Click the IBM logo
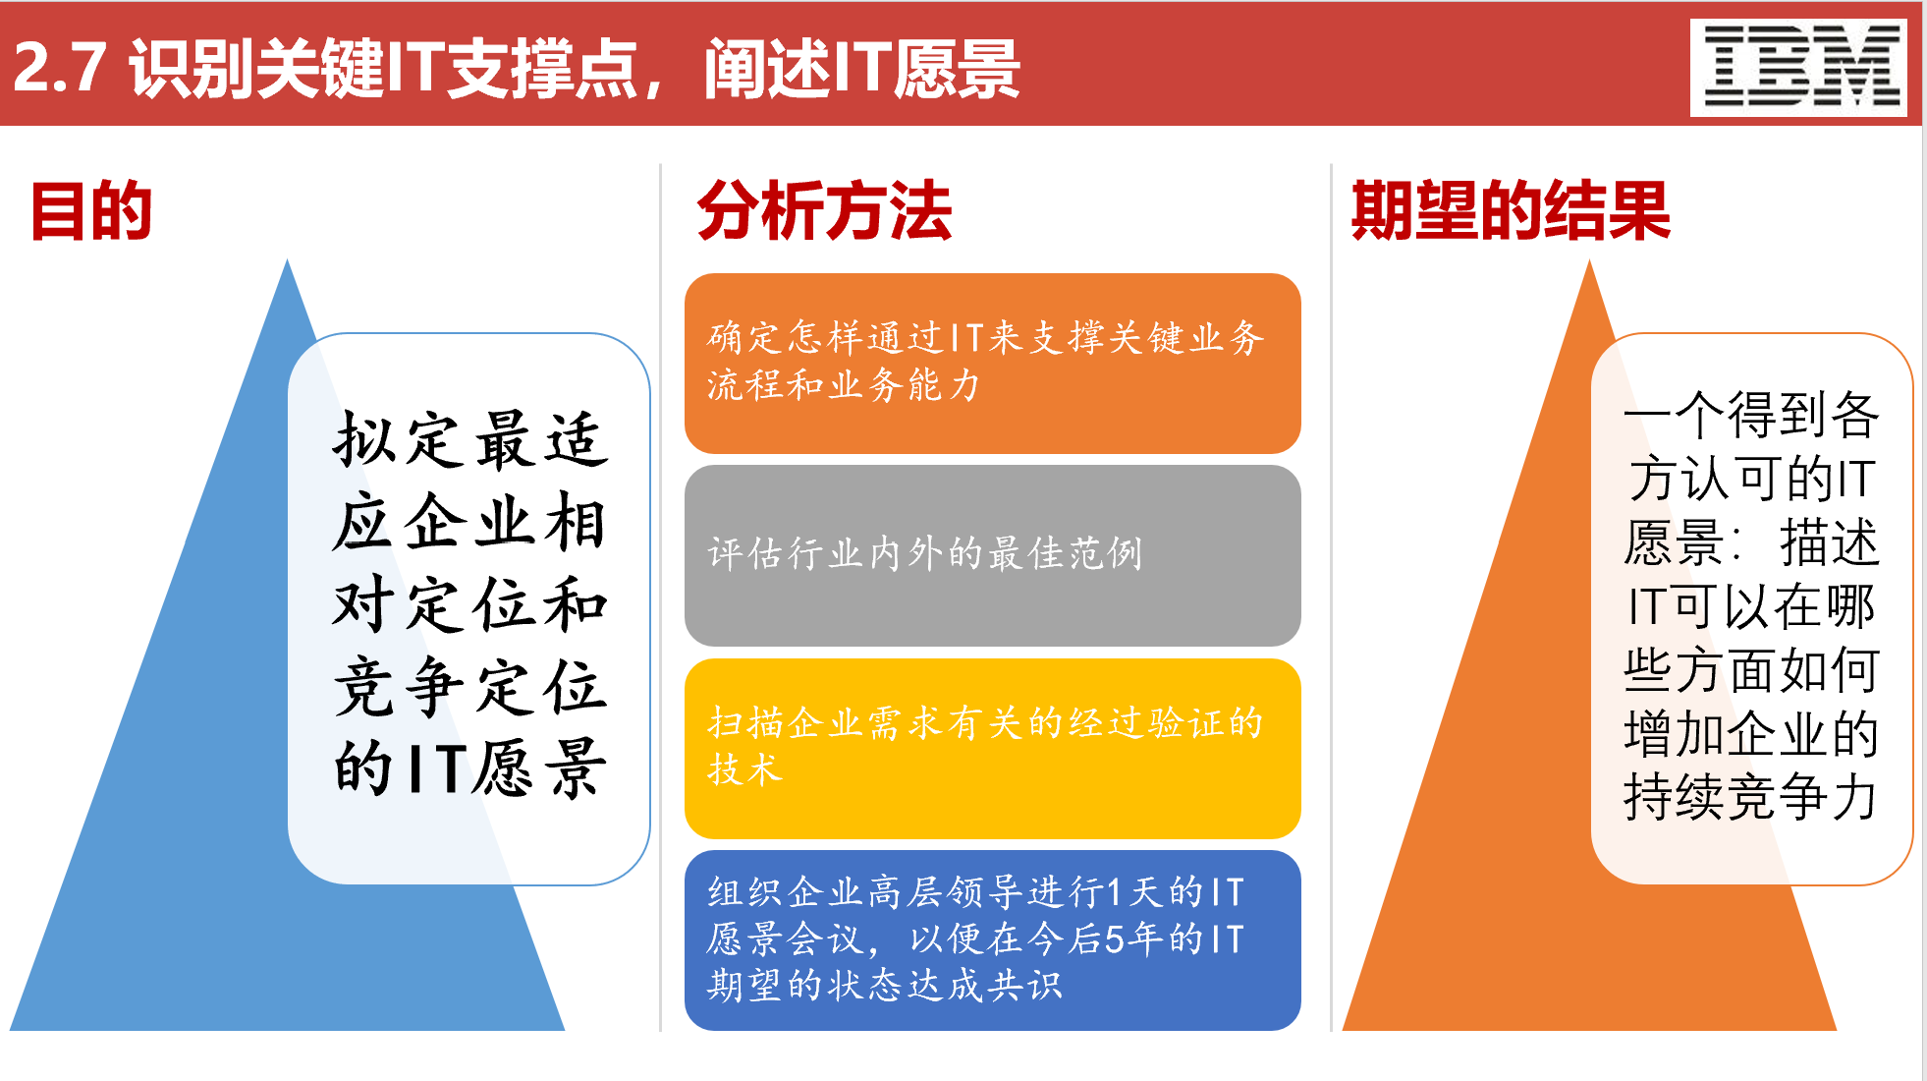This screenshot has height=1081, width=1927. click(1798, 67)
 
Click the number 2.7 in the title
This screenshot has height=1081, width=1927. click(60, 68)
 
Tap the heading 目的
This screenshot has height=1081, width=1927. click(91, 210)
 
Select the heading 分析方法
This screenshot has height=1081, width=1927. click(824, 210)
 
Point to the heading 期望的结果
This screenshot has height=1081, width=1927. click(1510, 210)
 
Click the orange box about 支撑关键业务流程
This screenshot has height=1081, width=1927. click(992, 363)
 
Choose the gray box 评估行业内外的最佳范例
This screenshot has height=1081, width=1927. click(992, 555)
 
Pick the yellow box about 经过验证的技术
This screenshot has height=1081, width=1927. click(992, 748)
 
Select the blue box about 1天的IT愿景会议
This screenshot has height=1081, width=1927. click(992, 939)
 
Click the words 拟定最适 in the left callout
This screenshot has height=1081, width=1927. click(469, 439)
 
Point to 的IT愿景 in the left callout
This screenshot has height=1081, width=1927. click(469, 768)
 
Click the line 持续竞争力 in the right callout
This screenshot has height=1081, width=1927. click(1750, 797)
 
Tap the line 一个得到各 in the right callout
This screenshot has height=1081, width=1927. click(1750, 415)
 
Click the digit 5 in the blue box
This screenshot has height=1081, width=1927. click(1114, 939)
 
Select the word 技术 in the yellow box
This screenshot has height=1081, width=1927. click(745, 769)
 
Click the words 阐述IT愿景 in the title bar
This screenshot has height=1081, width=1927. click(861, 69)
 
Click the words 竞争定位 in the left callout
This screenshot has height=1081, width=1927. click(469, 686)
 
